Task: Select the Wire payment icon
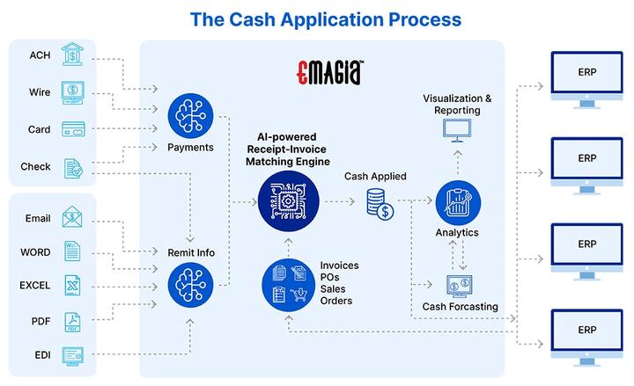click(73, 91)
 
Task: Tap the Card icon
click(73, 128)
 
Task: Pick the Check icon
click(73, 167)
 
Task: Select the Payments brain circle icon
click(190, 116)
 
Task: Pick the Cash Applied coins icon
click(380, 205)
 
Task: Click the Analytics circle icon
click(457, 202)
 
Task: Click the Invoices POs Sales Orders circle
click(286, 282)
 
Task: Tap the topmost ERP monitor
click(587, 78)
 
